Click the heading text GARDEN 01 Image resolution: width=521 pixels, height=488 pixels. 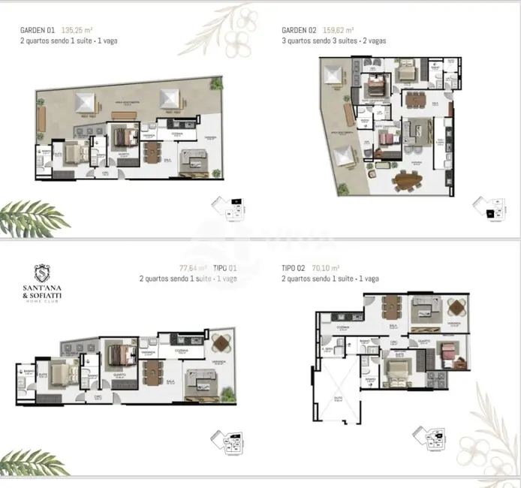click(38, 31)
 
